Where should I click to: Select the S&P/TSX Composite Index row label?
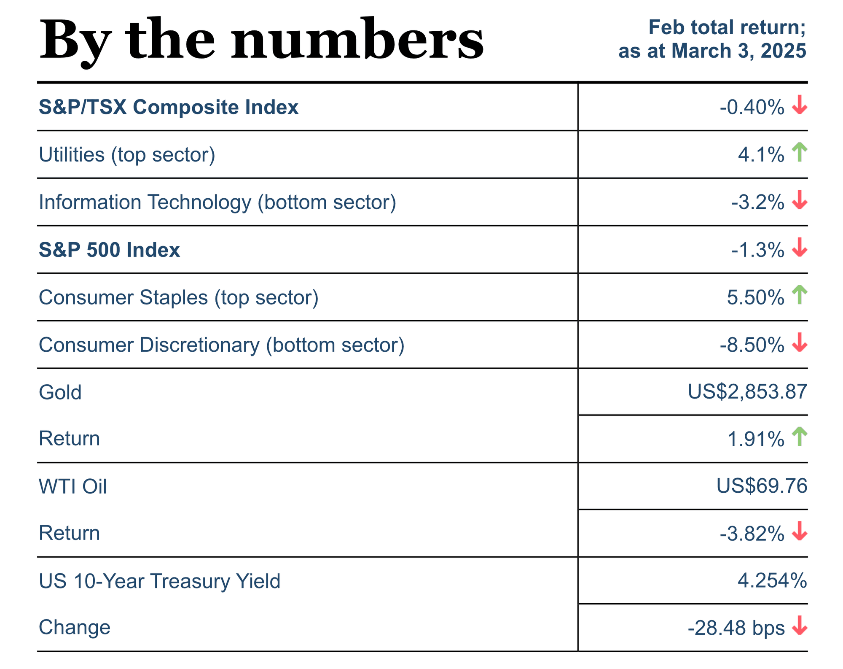tap(169, 107)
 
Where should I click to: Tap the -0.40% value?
tap(752, 107)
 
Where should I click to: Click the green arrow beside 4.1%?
tap(799, 152)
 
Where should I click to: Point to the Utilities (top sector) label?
tap(127, 155)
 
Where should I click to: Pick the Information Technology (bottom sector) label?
tap(217, 202)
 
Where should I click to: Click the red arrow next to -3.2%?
tap(799, 200)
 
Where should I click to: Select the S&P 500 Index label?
tap(109, 250)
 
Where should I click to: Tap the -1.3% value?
tap(757, 250)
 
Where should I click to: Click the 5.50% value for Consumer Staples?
tap(755, 297)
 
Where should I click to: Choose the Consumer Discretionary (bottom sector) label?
tap(222, 345)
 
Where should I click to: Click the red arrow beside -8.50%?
tap(799, 343)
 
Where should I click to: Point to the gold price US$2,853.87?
tap(747, 391)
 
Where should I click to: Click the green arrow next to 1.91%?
tap(799, 437)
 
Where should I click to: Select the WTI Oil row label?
tap(73, 486)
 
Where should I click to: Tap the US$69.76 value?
tap(762, 486)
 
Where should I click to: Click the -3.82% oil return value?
tap(752, 534)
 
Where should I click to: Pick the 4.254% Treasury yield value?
tap(772, 581)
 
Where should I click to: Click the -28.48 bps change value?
tap(736, 628)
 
